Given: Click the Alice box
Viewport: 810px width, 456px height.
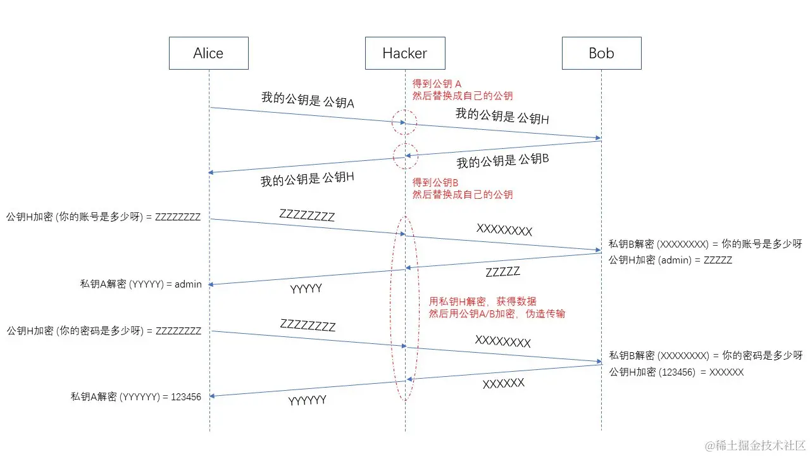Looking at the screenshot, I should [208, 53].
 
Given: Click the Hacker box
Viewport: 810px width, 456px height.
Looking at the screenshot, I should [404, 53].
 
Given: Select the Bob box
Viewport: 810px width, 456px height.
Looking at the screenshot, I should [601, 53].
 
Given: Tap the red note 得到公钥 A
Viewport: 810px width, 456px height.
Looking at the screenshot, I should [437, 84].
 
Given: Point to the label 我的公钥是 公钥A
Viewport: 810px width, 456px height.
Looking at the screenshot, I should [308, 99].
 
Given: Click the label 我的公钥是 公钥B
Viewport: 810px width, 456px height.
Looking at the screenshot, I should [502, 161].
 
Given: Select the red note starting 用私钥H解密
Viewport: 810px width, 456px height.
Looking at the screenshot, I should [483, 301].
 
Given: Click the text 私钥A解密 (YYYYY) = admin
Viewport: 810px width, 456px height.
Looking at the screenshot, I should [140, 284].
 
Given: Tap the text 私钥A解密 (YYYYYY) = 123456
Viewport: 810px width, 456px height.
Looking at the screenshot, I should [136, 397].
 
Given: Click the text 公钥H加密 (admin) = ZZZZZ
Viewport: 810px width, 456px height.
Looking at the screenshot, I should [670, 260].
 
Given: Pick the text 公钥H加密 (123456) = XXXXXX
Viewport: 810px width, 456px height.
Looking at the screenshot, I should [676, 372].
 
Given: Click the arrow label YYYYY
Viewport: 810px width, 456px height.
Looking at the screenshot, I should [306, 289].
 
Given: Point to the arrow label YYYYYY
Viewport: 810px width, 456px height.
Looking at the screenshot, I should [308, 400].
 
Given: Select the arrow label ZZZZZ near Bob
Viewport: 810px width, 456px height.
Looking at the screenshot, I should [502, 272].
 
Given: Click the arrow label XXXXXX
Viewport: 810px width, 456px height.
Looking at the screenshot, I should [503, 384].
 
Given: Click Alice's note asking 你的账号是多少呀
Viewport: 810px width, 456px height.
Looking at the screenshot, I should [104, 217].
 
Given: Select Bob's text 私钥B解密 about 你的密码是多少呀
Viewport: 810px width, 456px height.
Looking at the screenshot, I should [706, 355].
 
